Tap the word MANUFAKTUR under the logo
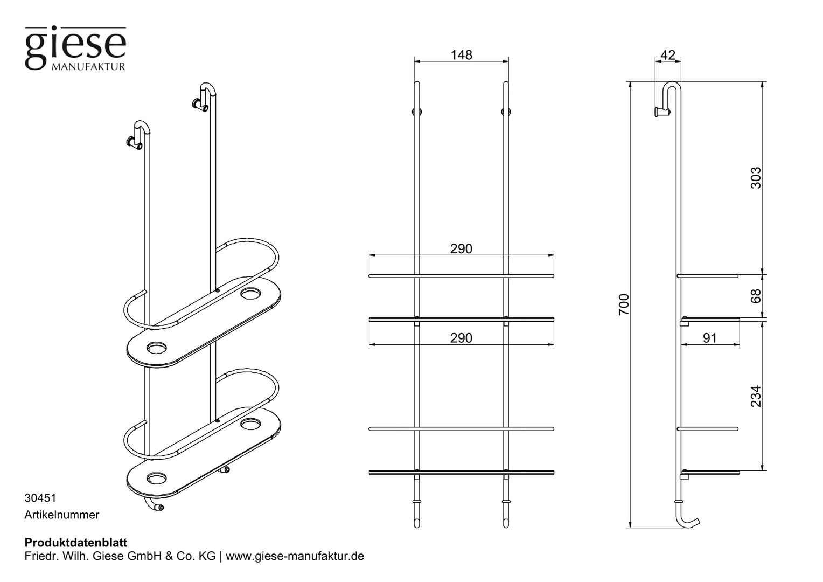88,66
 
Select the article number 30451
40,498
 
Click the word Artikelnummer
62,515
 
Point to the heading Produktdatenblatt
76,542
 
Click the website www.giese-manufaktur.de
295,556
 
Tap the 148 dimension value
461,55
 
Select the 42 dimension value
667,55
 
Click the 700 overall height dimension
624,304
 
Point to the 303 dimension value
756,178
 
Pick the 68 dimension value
756,296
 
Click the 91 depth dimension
709,338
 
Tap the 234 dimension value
756,396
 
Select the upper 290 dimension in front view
461,249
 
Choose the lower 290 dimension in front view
461,338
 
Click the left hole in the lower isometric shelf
156,478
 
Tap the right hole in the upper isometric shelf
251,294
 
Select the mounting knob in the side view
662,112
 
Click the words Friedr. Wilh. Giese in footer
74,556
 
